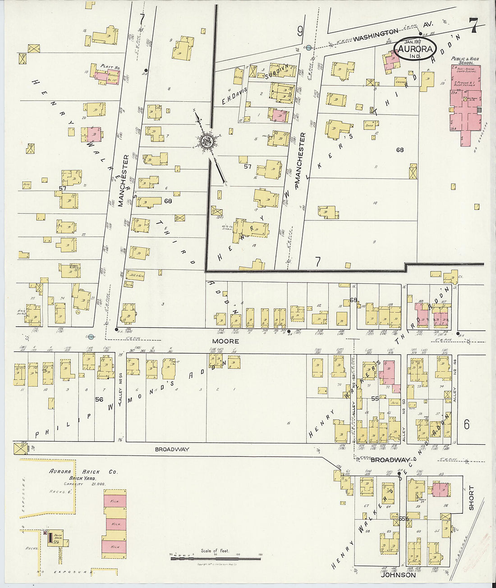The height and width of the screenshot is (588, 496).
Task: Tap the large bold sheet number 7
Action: [x=473, y=25]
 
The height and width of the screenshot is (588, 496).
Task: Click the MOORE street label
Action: [x=226, y=341]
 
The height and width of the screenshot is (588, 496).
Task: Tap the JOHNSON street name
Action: [x=398, y=575]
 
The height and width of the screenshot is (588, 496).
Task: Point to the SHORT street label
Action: [x=472, y=497]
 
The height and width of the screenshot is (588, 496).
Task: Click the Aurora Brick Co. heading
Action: [x=83, y=472]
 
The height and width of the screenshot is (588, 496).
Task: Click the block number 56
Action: [x=99, y=399]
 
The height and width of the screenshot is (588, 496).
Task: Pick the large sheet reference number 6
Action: [x=466, y=424]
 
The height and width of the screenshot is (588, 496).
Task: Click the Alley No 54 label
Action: [x=120, y=396]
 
